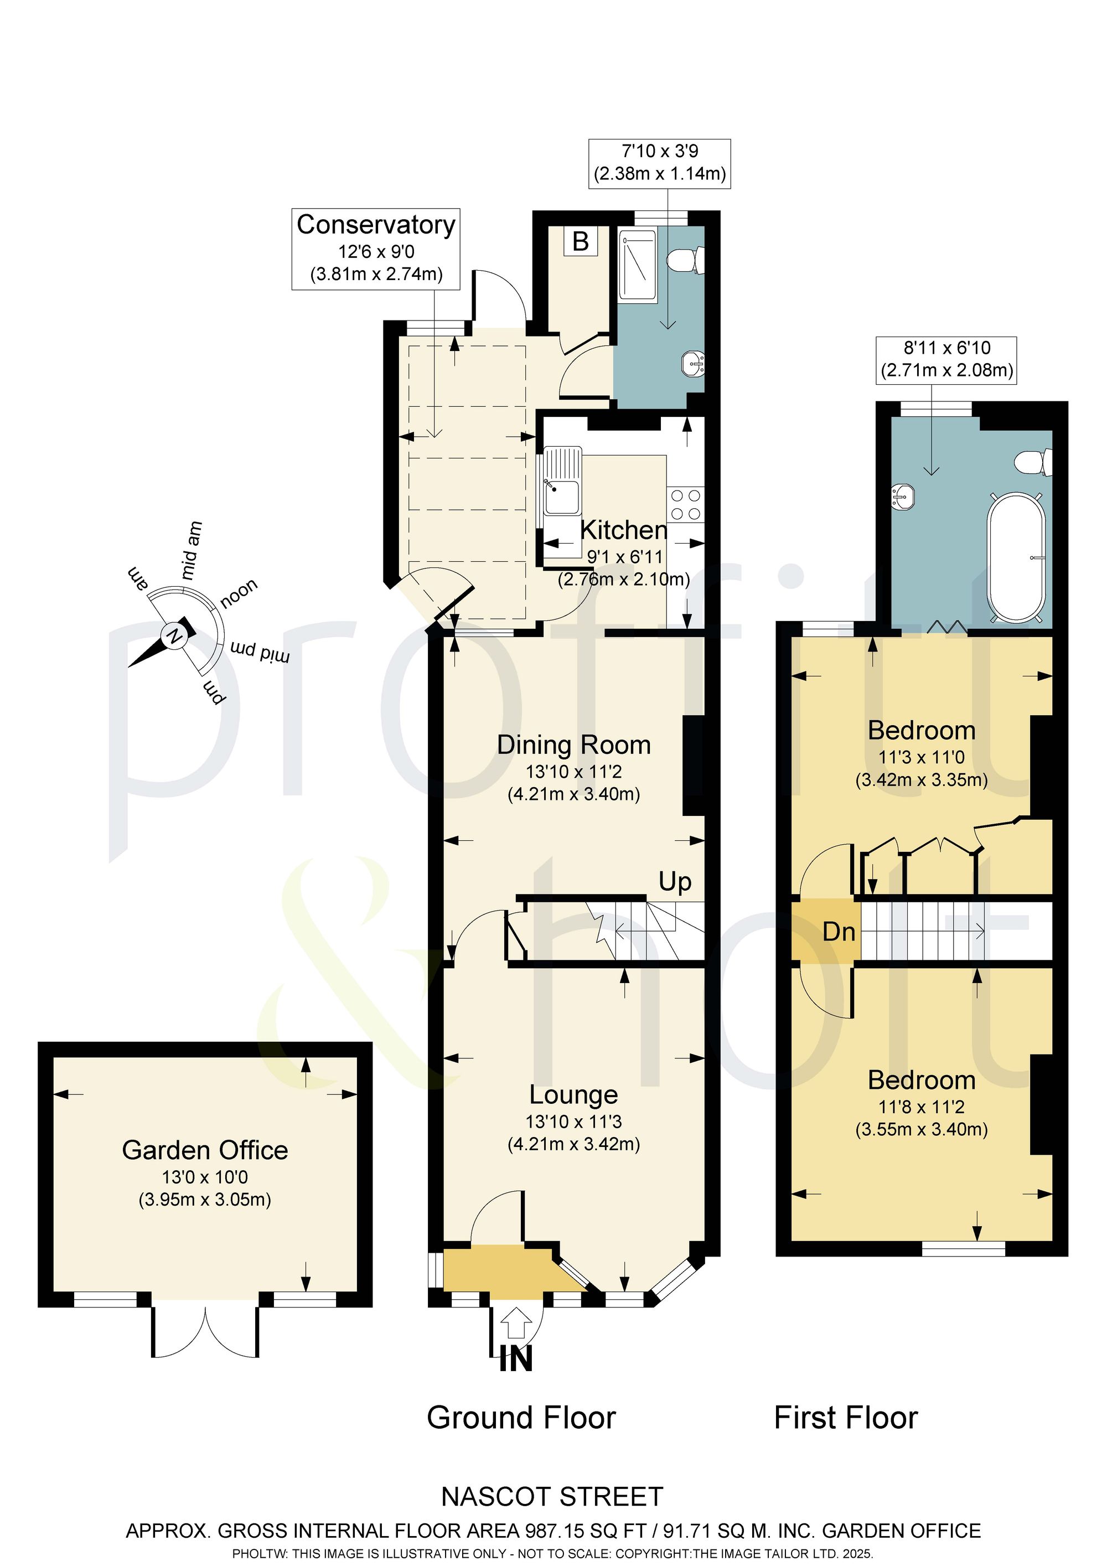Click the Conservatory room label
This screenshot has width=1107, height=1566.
pos(376,224)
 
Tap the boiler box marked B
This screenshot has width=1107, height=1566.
pos(581,241)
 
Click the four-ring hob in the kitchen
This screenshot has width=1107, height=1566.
pos(685,505)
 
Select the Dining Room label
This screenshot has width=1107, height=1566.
pos(573,745)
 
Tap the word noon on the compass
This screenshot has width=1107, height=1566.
pos(239,593)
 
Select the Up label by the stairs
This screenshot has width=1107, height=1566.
pos(675,882)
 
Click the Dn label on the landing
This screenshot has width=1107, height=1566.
pos(839,932)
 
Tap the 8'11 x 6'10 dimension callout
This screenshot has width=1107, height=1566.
pos(946,359)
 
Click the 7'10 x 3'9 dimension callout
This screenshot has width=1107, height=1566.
pos(660,163)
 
